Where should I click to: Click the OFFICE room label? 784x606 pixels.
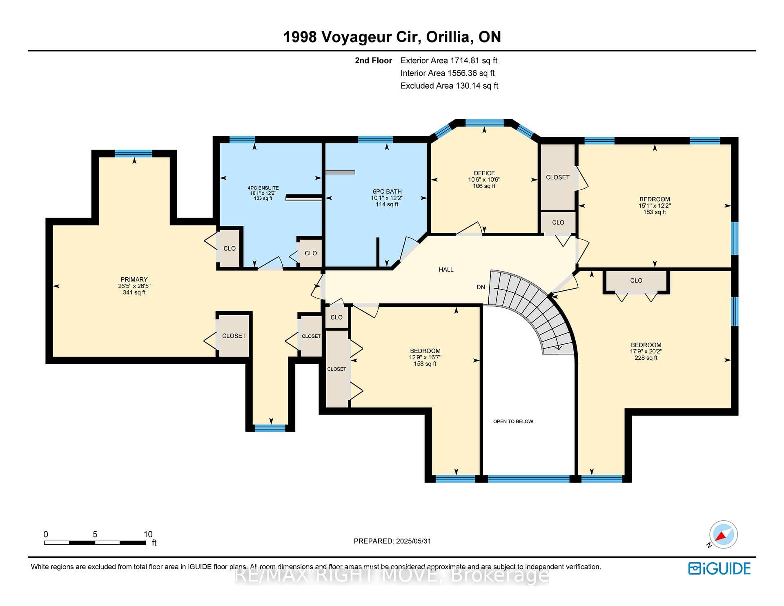[x=484, y=173]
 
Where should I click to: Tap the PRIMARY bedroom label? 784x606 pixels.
[x=134, y=280]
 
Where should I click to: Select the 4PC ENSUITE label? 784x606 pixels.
[x=263, y=188]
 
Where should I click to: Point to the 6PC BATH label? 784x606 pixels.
[x=387, y=192]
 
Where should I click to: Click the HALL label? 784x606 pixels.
[x=446, y=270]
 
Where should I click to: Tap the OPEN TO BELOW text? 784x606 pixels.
[x=513, y=421]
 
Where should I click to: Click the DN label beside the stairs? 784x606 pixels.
[x=481, y=287]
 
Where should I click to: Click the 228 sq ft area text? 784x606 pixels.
[x=646, y=358]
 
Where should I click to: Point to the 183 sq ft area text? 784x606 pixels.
[x=655, y=212]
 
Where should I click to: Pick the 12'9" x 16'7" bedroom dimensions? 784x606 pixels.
[x=425, y=357]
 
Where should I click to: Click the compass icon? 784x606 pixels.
[x=723, y=535]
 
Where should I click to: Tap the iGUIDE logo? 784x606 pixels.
[x=719, y=568]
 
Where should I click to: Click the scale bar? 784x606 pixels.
[x=95, y=543]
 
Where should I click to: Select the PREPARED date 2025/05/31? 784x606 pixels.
[x=392, y=541]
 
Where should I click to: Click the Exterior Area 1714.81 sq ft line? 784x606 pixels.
[x=449, y=61]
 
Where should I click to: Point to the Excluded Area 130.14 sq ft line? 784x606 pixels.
[x=449, y=86]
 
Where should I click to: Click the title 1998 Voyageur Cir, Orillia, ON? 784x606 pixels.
[x=392, y=37]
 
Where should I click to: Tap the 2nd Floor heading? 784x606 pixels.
[x=373, y=61]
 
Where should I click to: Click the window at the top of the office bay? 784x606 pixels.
[x=484, y=123]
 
